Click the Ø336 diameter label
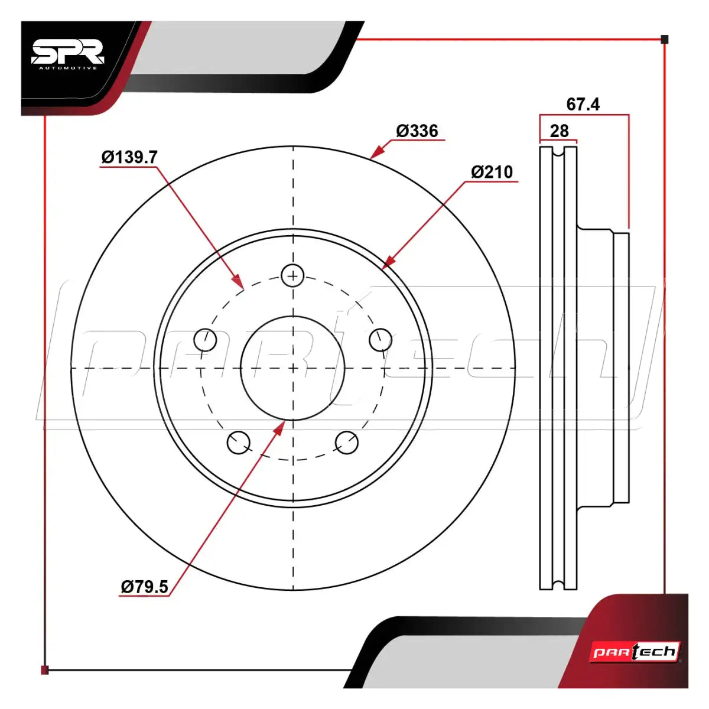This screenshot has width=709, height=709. click(417, 131)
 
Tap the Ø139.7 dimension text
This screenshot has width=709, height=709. click(129, 157)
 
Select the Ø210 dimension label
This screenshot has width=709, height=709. click(492, 172)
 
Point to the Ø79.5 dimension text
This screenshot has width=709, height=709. click(145, 587)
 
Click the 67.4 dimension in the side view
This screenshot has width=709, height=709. click(583, 104)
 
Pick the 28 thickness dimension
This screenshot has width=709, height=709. click(560, 131)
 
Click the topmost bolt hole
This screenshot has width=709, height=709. click(292, 275)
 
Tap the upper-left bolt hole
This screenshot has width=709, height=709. click(205, 340)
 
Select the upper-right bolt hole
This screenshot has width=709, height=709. click(380, 340)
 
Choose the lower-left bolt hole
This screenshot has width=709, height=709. click(239, 443)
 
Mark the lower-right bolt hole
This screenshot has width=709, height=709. click(347, 443)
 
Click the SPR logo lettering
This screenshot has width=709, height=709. click(68, 51)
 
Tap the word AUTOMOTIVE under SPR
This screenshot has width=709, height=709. click(69, 68)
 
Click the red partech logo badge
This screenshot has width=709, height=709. click(635, 652)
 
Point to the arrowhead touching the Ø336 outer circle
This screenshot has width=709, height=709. click(376, 152)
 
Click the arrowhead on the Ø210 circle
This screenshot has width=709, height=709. click(389, 261)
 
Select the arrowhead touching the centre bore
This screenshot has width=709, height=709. click(279, 428)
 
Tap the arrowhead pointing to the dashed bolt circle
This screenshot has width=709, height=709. click(238, 280)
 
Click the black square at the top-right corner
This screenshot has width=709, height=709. click(665, 40)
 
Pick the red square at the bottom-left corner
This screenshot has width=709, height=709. click(44, 670)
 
